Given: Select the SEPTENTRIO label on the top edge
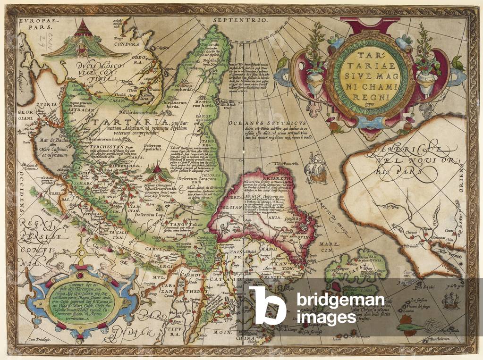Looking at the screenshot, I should tap(240, 21).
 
